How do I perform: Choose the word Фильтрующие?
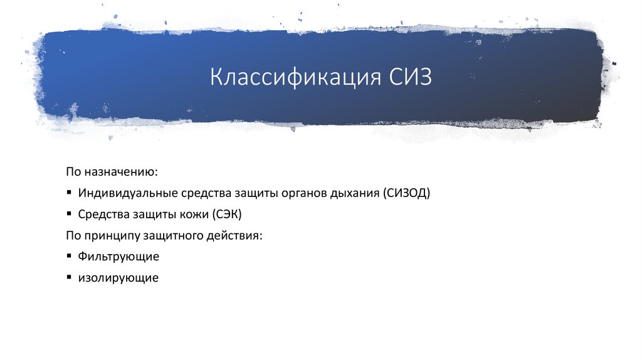[118, 257]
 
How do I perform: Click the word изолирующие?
[118, 277]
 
